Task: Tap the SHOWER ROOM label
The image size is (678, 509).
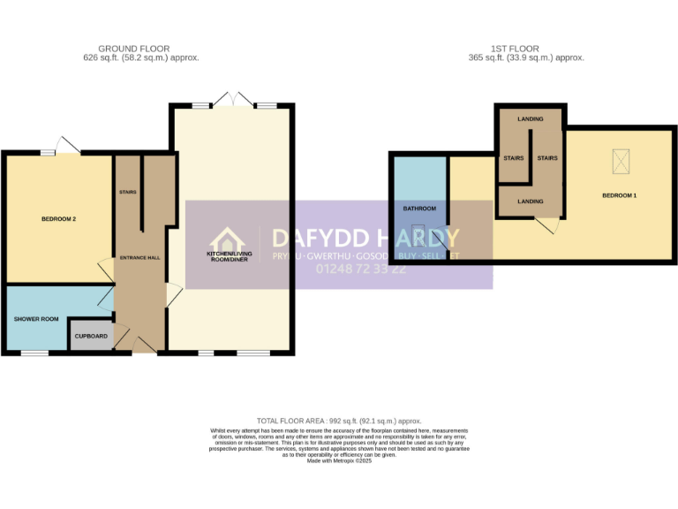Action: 36,319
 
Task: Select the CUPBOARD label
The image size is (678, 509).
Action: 91,337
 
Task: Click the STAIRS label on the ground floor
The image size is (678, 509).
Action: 128,191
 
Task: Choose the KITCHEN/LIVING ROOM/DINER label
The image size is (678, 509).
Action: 229,256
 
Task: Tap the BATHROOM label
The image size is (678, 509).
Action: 419,209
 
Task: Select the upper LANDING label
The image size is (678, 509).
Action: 531,118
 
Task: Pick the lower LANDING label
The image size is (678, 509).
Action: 531,201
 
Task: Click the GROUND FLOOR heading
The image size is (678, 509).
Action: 134,49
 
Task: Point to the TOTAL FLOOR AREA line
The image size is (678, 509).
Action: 339,421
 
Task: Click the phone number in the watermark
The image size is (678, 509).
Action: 361,269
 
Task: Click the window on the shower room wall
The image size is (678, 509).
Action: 34,353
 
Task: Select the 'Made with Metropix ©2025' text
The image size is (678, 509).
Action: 339,461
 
